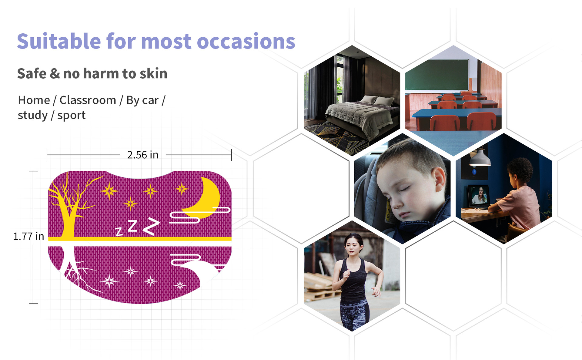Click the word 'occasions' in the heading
246,42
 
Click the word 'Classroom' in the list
88,100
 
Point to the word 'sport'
71,116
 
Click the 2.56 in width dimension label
143,155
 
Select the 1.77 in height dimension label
28,236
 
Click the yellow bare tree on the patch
70,206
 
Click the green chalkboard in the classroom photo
437,75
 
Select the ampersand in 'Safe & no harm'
55,74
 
